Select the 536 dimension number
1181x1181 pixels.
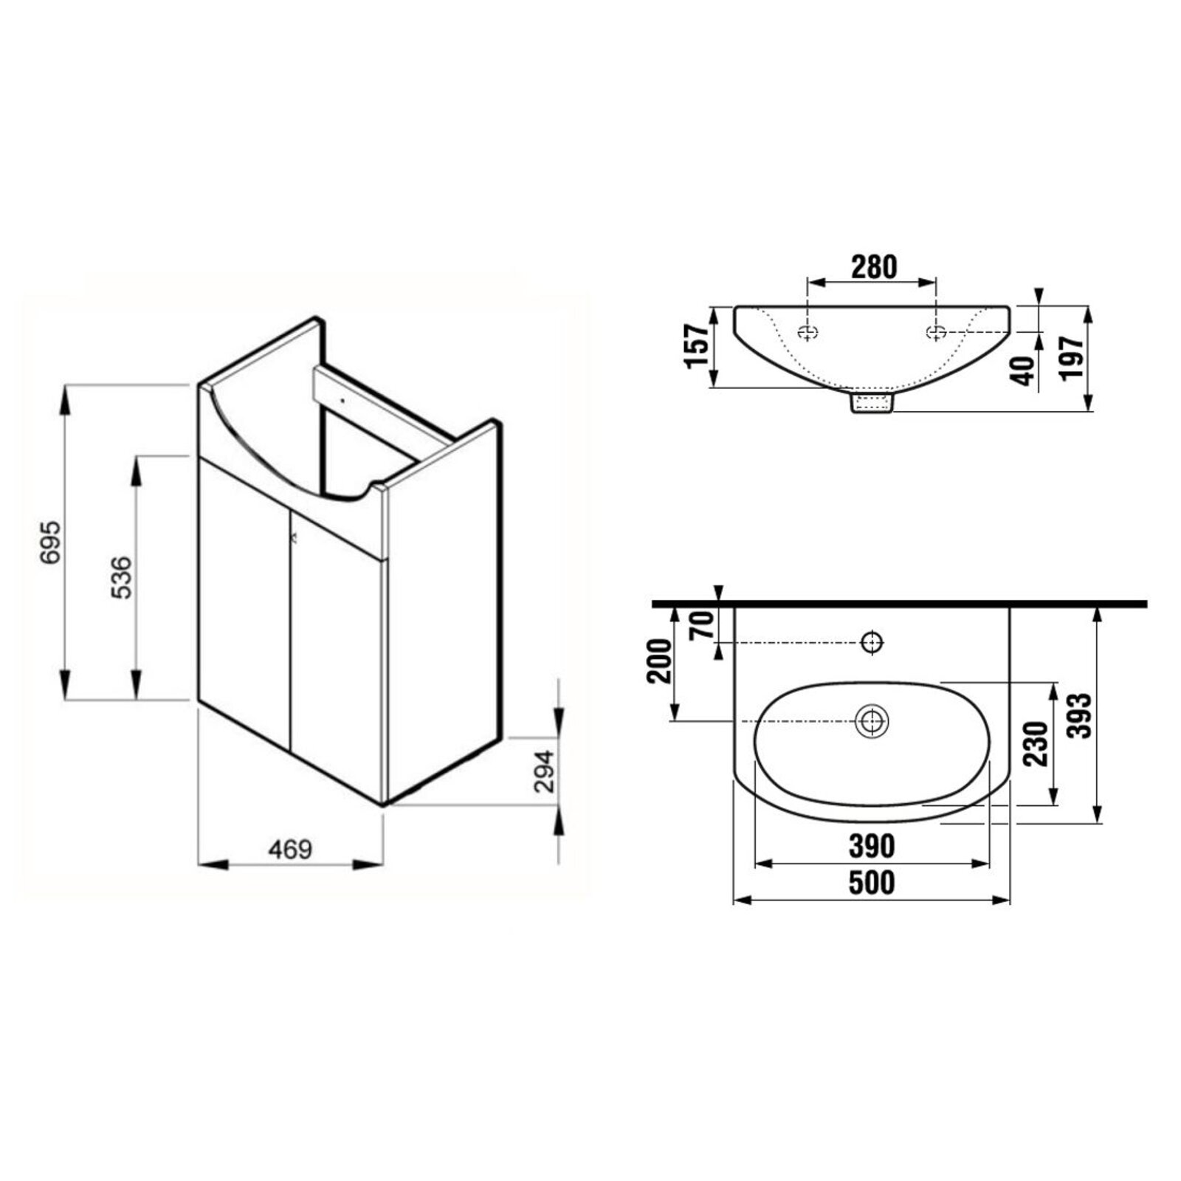pyautogui.click(x=123, y=577)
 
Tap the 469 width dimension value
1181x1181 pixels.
pyautogui.click(x=290, y=850)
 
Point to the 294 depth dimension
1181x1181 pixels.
pyautogui.click(x=544, y=771)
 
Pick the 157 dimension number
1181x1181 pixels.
pyautogui.click(x=698, y=346)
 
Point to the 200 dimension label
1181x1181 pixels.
pyautogui.click(x=659, y=661)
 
